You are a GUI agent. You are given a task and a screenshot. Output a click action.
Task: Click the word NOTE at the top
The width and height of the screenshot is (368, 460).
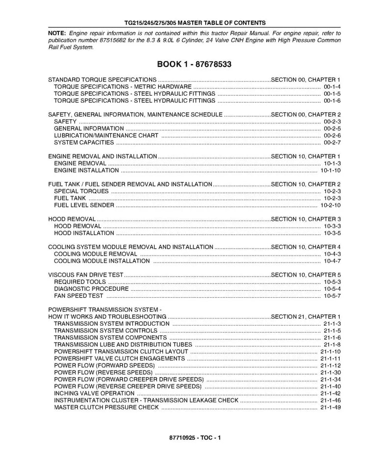[56, 33]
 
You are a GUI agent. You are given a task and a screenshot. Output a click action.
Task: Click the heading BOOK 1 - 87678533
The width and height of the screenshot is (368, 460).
[194, 64]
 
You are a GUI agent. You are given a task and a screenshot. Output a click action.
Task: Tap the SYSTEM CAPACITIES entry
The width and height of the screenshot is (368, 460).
[83, 143]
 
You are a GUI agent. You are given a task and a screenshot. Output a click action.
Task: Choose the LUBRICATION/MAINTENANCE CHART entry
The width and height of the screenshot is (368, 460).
[106, 135]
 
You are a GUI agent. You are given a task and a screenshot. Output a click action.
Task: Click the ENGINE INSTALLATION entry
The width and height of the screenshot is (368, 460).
[86, 171]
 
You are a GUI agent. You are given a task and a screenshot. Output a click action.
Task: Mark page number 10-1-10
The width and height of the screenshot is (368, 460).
[330, 171]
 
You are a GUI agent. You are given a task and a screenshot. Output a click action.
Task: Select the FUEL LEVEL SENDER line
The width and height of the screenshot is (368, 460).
[84, 205]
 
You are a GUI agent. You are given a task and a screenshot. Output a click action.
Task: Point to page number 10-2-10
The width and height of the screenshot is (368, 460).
[330, 205]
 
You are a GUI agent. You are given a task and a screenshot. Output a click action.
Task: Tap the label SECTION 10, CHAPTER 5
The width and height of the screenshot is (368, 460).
[306, 275]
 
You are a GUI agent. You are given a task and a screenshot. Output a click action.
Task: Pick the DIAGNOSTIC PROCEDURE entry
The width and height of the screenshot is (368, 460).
[91, 289]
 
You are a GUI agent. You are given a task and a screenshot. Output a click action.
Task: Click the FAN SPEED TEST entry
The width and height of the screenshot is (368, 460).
[79, 296]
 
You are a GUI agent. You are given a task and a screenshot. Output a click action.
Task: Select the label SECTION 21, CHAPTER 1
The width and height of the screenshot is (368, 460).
[306, 317]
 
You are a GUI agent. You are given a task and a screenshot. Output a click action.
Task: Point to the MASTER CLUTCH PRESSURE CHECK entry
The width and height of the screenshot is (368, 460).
[106, 408]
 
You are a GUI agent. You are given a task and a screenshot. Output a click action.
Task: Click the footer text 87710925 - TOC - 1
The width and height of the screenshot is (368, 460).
[195, 438]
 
